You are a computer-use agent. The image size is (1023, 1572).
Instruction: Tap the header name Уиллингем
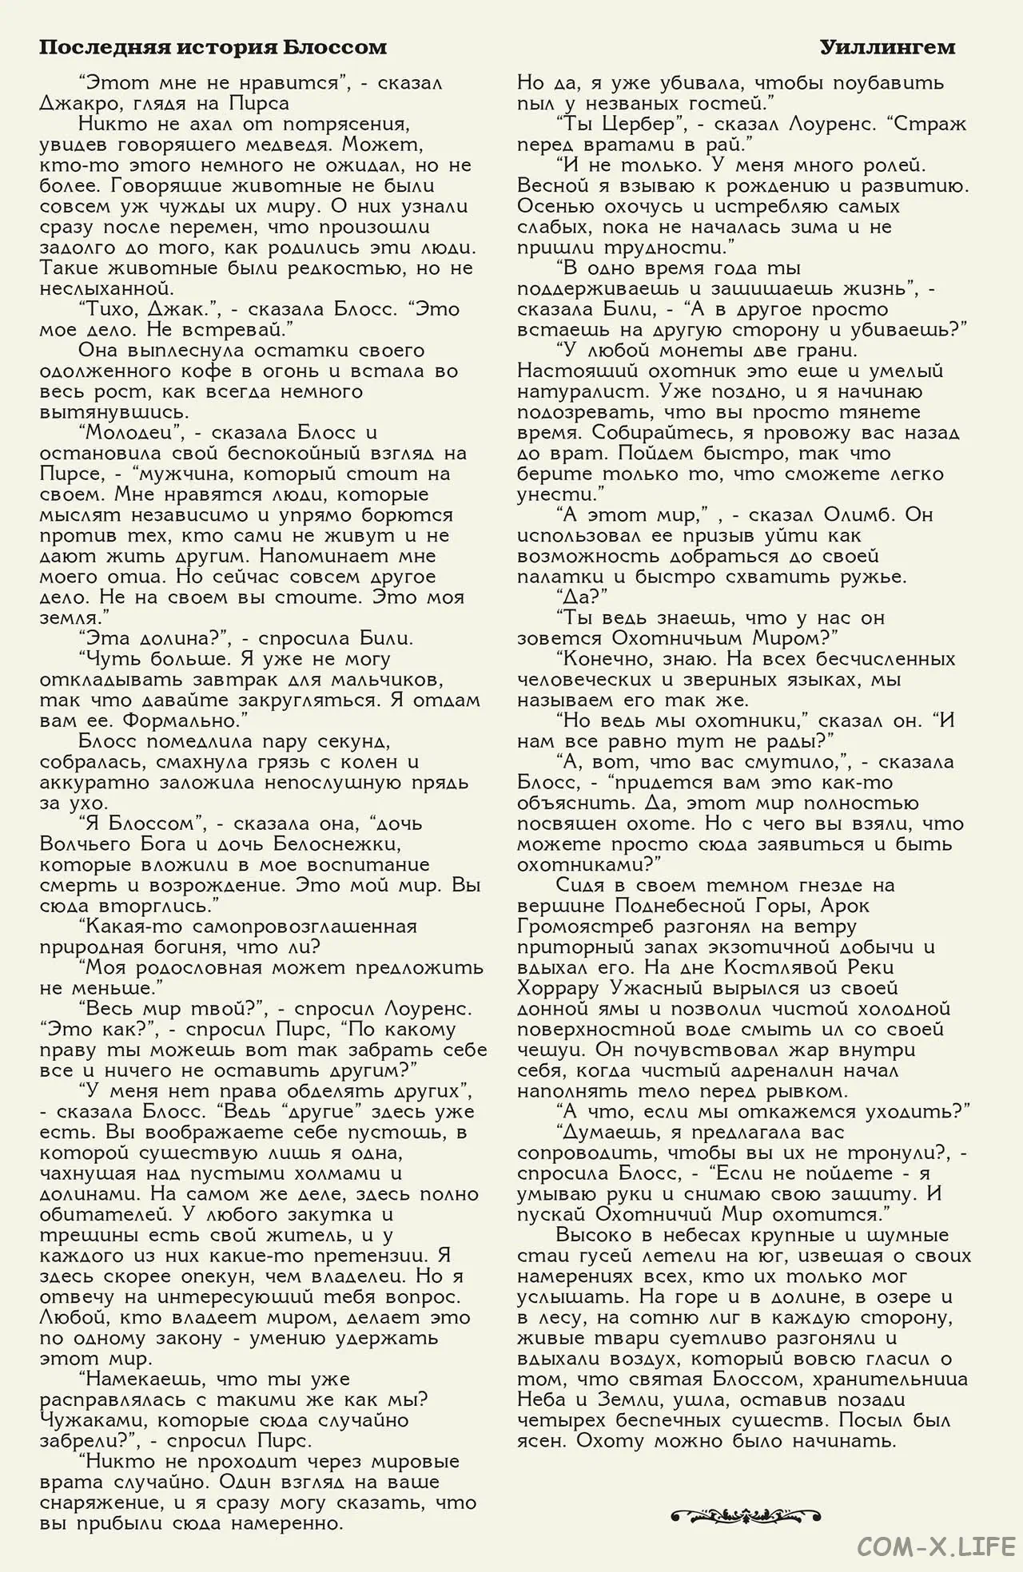[887, 48]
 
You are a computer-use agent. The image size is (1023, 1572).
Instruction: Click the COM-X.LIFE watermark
[936, 1546]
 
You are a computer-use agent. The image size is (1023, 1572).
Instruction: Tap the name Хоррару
[558, 989]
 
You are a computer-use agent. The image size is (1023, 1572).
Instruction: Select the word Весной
[552, 186]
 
